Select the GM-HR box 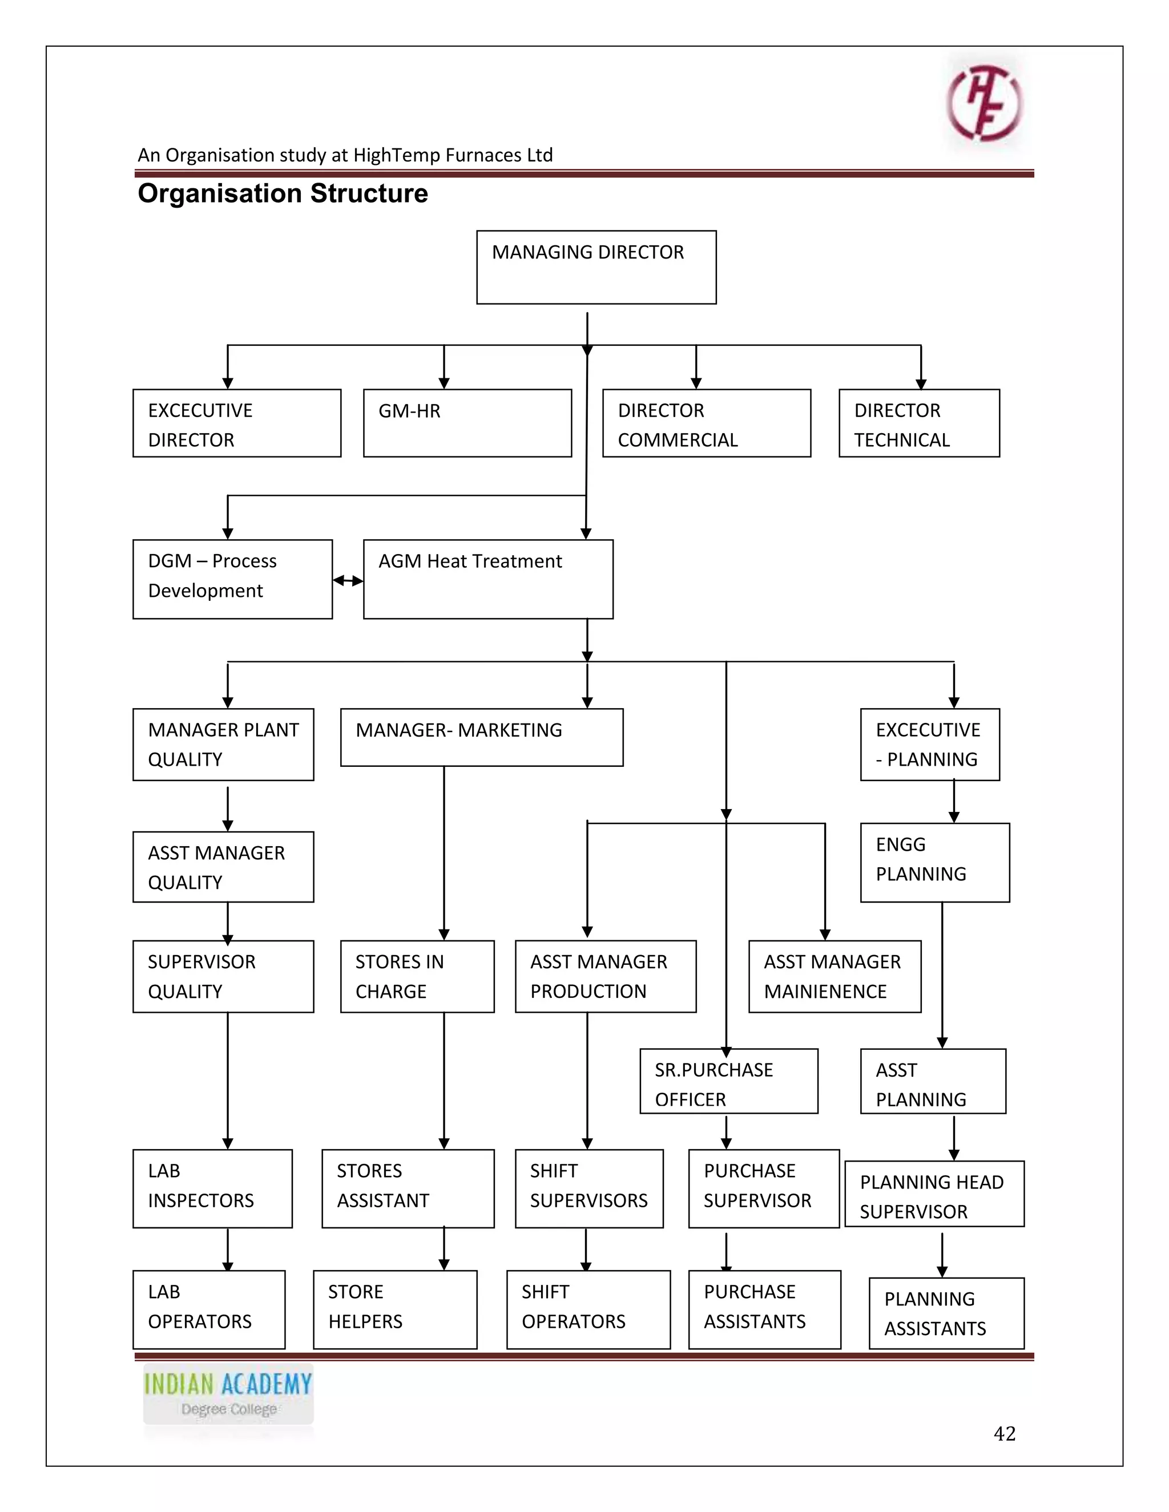pos(467,423)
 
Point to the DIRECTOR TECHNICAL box pos(918,423)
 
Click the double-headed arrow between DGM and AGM pos(348,581)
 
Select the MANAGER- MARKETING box pos(481,737)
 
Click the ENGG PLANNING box pos(934,862)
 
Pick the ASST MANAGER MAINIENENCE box pos(834,976)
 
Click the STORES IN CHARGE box pos(417,976)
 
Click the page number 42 pos(1003,1433)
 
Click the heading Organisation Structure pos(283,193)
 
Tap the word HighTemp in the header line pos(396,155)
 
